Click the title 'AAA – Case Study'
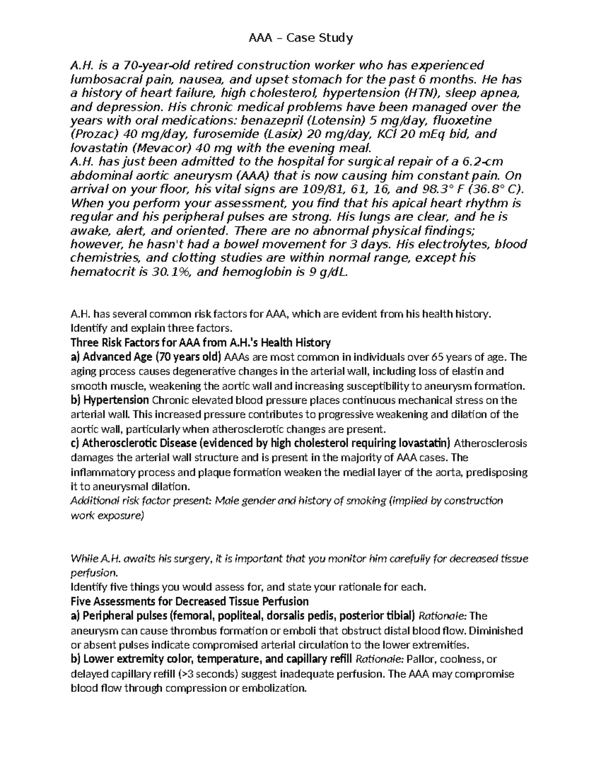pyautogui.click(x=301, y=38)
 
